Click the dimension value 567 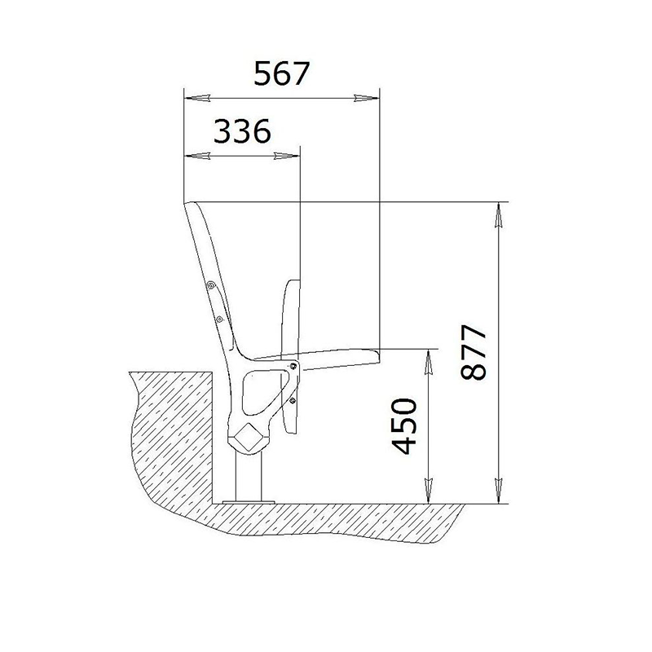click(x=282, y=73)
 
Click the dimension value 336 click(x=242, y=130)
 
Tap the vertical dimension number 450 click(x=404, y=425)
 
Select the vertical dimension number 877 click(x=474, y=352)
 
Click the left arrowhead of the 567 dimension click(x=196, y=99)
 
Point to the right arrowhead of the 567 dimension click(x=367, y=99)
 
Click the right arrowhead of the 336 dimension click(x=287, y=156)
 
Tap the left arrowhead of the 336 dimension click(x=196, y=156)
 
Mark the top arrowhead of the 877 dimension click(x=497, y=214)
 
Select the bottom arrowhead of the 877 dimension click(x=497, y=491)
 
